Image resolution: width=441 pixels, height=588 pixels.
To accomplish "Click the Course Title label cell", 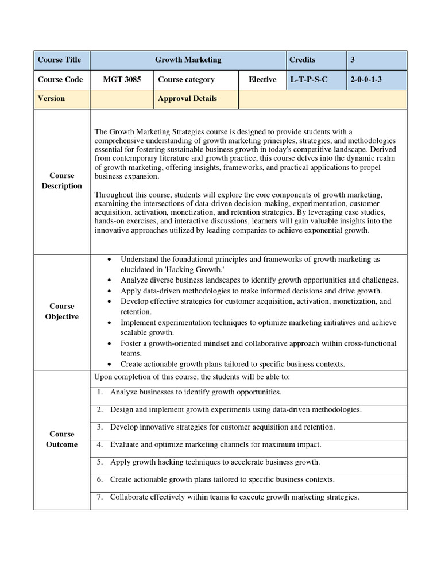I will point(60,60).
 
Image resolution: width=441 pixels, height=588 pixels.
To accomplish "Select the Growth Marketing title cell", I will point(188,60).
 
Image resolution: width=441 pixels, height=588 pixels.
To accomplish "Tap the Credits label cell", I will point(303,60).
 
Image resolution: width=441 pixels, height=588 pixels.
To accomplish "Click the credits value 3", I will point(353,60).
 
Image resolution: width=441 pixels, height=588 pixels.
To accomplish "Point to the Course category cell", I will point(186,79).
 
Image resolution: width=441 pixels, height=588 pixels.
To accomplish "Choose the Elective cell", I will point(262,79).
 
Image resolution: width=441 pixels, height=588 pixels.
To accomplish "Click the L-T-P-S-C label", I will point(308,79).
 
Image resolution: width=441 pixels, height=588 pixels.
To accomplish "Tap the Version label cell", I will point(52,98).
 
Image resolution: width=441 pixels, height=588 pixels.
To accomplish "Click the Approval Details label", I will point(187,98).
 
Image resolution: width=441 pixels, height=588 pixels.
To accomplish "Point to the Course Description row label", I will point(61,181).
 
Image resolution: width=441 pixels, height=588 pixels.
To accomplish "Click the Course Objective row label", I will point(61,311).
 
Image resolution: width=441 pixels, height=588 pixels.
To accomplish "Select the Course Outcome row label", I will point(61,439).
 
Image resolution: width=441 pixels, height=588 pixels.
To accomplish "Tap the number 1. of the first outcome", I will point(100,392).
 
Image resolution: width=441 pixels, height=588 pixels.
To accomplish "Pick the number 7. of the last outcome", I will point(100,497).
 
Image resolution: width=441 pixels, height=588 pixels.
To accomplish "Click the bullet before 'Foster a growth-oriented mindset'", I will point(110,343).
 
